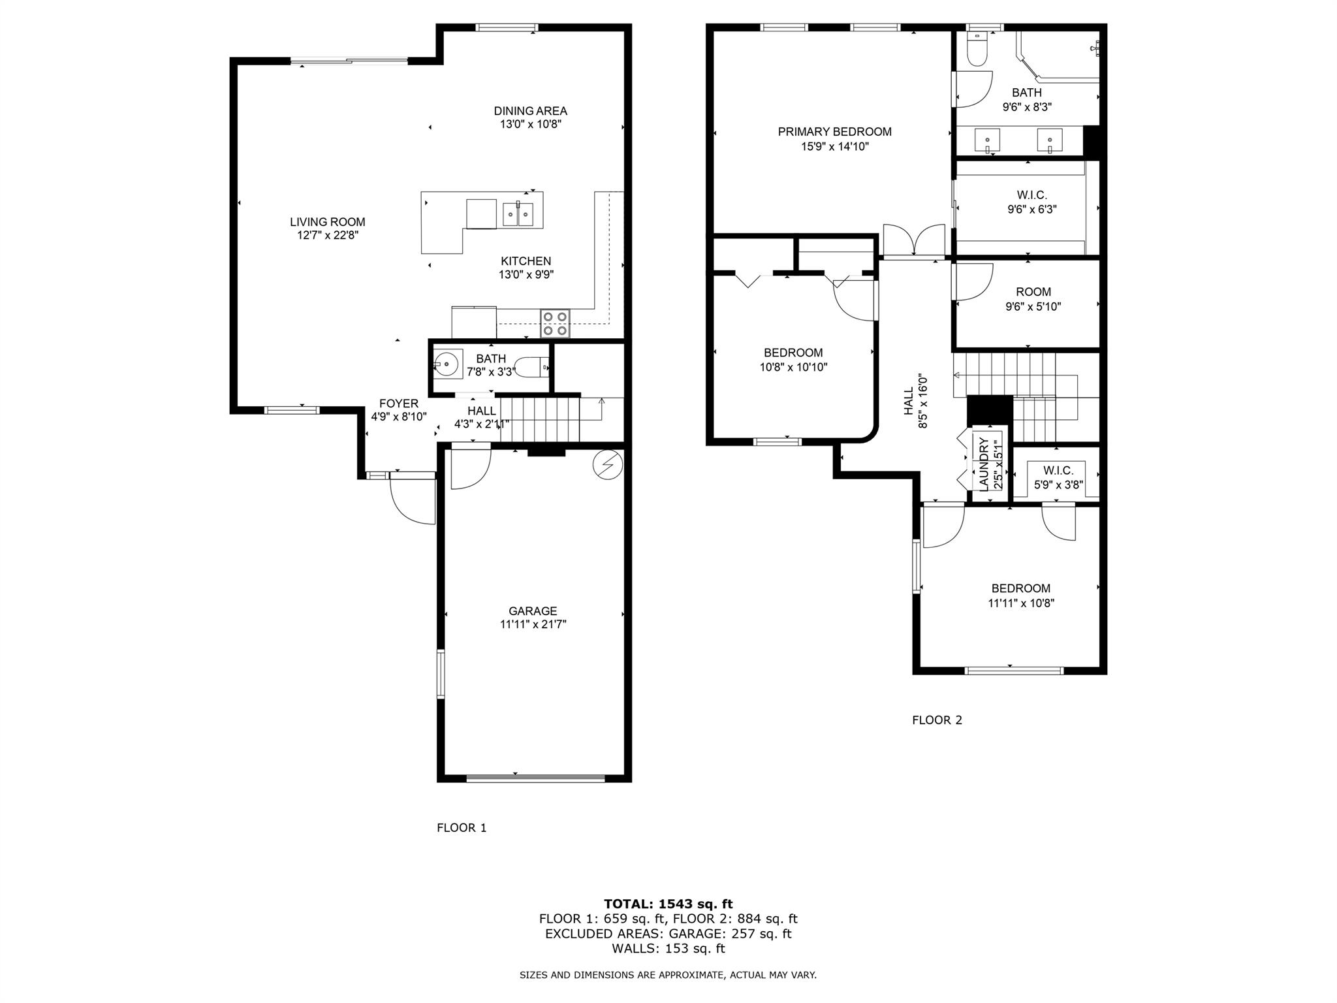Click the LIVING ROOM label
pos(328,222)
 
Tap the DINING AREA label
pos(530,111)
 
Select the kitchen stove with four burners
pos(555,323)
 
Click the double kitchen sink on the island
pos(518,214)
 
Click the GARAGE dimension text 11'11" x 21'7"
pos(533,624)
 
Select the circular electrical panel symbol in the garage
pos(608,465)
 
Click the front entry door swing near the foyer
pos(412,500)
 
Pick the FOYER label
pos(398,404)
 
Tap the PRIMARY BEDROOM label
pos(834,132)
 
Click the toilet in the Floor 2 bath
pos(977,50)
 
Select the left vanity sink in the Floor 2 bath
pos(988,140)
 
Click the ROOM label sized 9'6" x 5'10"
pos(1033,292)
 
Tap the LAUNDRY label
pos(984,464)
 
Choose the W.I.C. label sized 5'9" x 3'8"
pos(1058,471)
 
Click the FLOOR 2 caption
pos(937,720)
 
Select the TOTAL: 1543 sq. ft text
pos(668,904)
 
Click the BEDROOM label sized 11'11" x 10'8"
pos(1021,588)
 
